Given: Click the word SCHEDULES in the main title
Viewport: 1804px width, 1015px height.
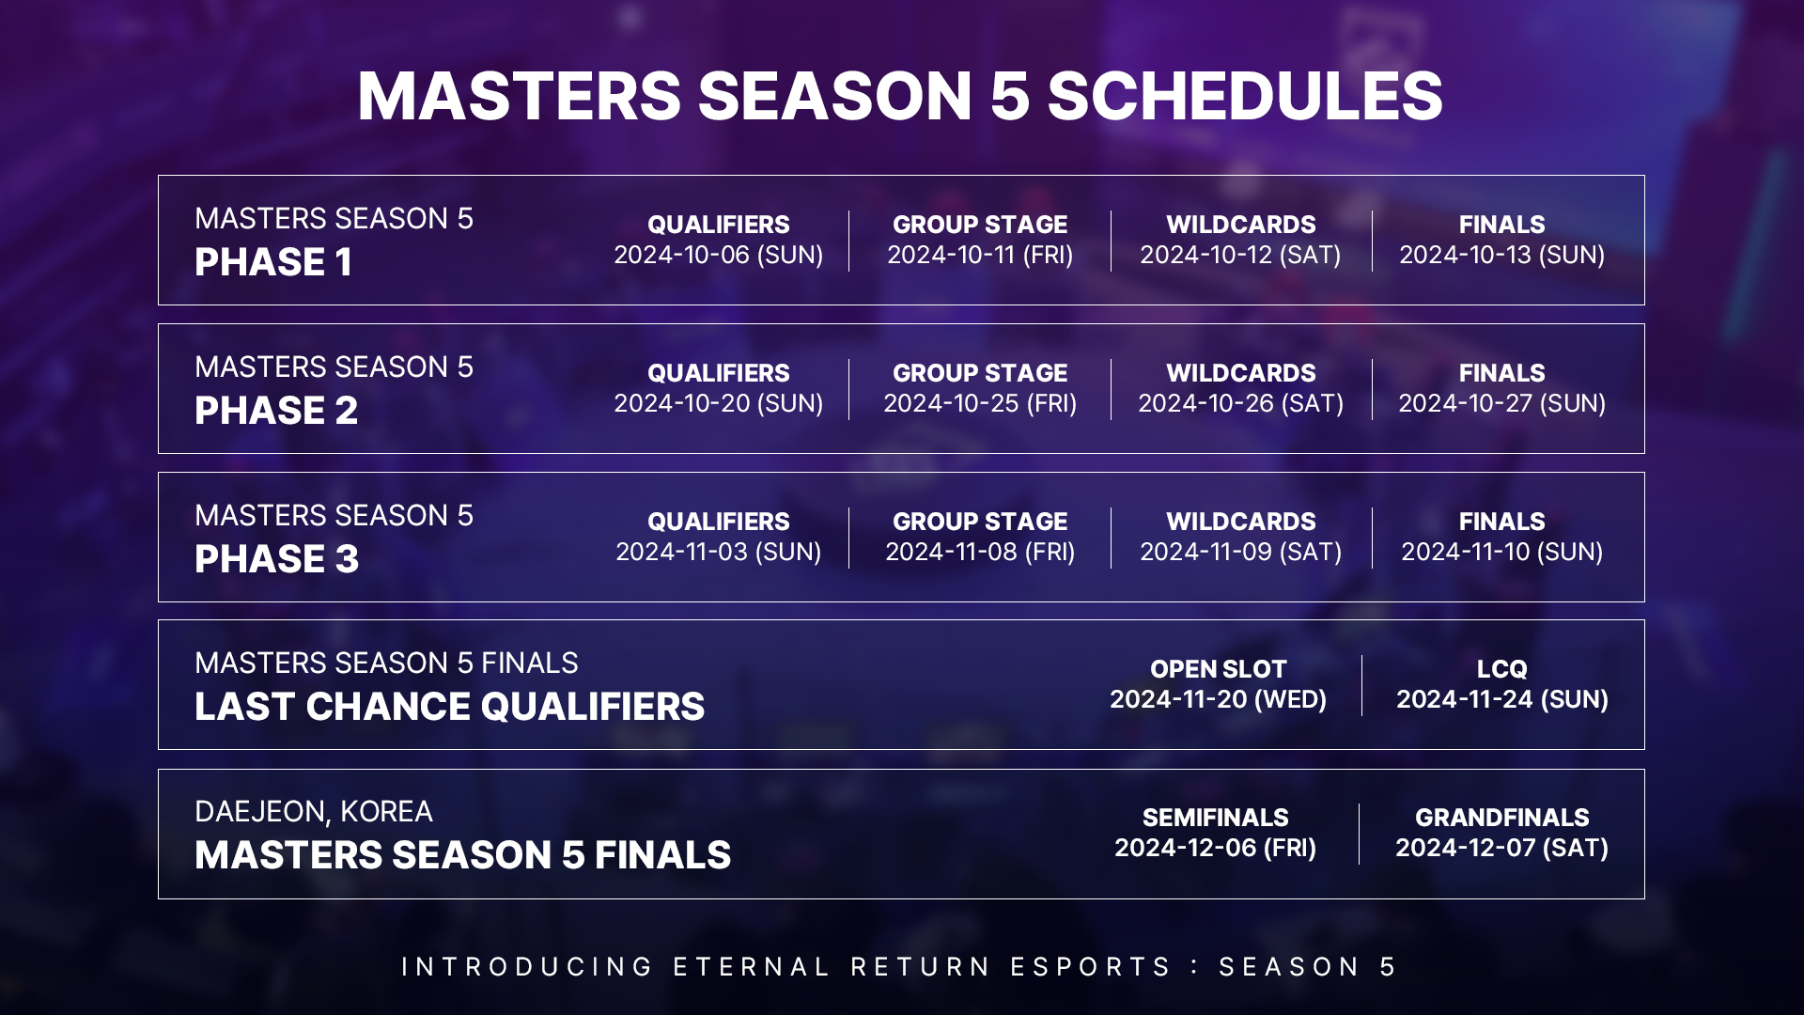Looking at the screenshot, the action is pos(1245,96).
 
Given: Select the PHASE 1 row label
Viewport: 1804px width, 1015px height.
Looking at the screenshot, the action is pos(273,262).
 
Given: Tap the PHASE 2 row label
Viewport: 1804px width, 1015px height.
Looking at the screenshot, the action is pos(276,411).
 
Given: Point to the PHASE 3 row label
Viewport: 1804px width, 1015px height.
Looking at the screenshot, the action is pos(277,559).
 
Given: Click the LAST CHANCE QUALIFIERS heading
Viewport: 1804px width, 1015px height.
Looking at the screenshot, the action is pos(450,707).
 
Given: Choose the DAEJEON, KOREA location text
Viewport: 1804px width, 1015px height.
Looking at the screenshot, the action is pos(314,812).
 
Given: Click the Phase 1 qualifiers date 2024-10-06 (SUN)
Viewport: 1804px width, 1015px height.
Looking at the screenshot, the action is pos(719,255).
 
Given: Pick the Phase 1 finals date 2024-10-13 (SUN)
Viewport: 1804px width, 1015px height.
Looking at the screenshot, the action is pos(1502,255).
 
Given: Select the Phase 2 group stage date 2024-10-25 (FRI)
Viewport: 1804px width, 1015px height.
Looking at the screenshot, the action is pos(980,403).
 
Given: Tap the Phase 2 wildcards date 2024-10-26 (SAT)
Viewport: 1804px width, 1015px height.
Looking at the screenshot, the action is pos(1241,403).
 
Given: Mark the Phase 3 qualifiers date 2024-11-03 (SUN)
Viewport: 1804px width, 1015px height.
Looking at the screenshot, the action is pos(719,552).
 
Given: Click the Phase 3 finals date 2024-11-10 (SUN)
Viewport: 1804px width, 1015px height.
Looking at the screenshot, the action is pos(1502,552).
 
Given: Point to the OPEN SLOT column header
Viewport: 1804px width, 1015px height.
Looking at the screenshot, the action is pos(1219,669).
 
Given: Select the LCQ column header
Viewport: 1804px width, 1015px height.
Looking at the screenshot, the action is pos(1502,669).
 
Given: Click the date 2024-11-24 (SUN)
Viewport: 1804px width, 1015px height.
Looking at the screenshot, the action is pos(1502,699).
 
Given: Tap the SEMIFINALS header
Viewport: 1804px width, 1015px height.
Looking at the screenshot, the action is pos(1216,818).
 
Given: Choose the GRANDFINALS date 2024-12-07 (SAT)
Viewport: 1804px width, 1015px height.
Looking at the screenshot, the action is pos(1502,848).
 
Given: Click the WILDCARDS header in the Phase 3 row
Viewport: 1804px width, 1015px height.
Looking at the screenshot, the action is pos(1241,522).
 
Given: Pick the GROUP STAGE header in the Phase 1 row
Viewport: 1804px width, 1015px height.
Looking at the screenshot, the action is pos(980,225).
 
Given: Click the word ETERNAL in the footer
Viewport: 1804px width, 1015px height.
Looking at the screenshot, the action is pos(752,967).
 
